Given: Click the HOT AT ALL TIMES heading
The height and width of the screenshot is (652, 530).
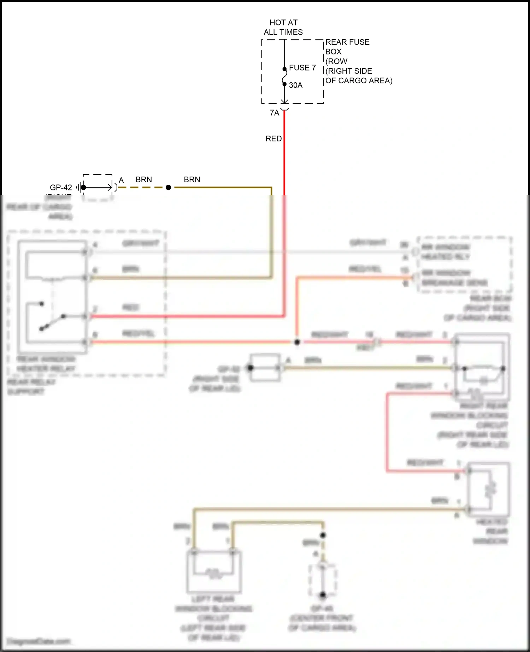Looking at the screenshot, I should click(x=283, y=27).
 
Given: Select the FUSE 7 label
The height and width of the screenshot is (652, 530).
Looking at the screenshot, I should click(x=302, y=67).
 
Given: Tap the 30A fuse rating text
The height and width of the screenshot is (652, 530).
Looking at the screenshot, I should click(x=296, y=85).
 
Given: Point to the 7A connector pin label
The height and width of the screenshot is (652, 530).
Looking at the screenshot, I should click(x=274, y=113).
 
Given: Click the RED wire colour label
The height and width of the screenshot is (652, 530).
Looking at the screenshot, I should click(x=273, y=138).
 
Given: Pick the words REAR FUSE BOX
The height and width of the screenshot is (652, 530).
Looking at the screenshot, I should click(x=347, y=47).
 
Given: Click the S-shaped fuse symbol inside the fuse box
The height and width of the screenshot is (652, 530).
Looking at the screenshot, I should click(x=284, y=77).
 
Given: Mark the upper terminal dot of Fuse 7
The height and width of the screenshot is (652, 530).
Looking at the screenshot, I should click(x=284, y=69).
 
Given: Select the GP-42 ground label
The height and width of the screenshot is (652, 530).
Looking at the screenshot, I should click(x=61, y=187).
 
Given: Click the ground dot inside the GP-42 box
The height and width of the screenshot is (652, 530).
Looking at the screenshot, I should click(x=83, y=187).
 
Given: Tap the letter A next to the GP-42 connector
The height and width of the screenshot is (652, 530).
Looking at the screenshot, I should click(x=121, y=180).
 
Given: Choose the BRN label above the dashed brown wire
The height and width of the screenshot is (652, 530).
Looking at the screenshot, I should click(x=143, y=179).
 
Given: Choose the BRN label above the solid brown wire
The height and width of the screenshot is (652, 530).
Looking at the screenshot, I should click(x=192, y=179).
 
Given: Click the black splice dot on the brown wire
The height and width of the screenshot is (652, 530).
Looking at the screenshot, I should click(x=169, y=188).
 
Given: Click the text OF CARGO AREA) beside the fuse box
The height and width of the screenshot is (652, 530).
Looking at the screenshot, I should click(x=359, y=81).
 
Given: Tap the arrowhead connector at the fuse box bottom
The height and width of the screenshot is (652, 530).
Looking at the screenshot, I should click(x=284, y=102).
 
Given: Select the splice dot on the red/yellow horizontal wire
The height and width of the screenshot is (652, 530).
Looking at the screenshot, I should click(x=297, y=342).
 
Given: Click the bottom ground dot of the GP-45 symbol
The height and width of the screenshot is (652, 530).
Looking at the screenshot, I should click(x=323, y=595).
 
